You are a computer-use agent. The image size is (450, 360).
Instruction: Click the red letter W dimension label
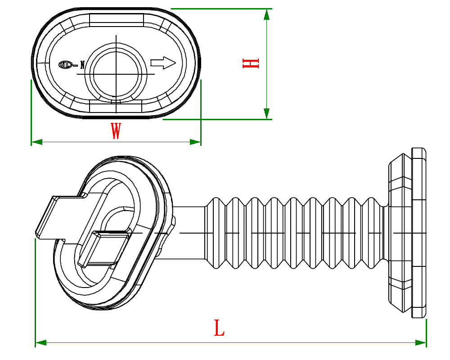click(116, 131)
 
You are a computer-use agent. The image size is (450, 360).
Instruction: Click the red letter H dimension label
click(251, 63)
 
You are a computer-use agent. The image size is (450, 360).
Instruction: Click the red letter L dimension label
click(219, 328)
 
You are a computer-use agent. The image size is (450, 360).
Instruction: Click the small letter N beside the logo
click(82, 64)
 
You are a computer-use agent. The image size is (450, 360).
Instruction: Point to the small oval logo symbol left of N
click(66, 64)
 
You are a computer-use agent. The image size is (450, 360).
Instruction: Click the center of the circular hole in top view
click(116, 73)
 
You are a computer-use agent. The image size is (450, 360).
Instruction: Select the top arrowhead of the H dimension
click(267, 14)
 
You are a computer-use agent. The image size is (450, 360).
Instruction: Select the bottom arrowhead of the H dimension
click(267, 114)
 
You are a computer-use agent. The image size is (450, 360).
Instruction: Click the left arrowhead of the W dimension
click(36, 142)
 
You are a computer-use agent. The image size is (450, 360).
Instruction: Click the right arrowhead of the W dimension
click(195, 142)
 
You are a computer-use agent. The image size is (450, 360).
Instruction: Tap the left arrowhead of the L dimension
click(41, 343)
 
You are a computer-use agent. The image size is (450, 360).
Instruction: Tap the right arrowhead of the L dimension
click(420, 343)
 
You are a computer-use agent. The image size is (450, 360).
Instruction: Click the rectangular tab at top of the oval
click(117, 19)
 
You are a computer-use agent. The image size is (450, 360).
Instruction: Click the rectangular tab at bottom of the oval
click(116, 107)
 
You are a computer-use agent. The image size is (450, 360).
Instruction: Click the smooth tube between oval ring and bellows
click(189, 233)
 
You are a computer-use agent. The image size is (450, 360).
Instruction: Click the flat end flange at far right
click(419, 233)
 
